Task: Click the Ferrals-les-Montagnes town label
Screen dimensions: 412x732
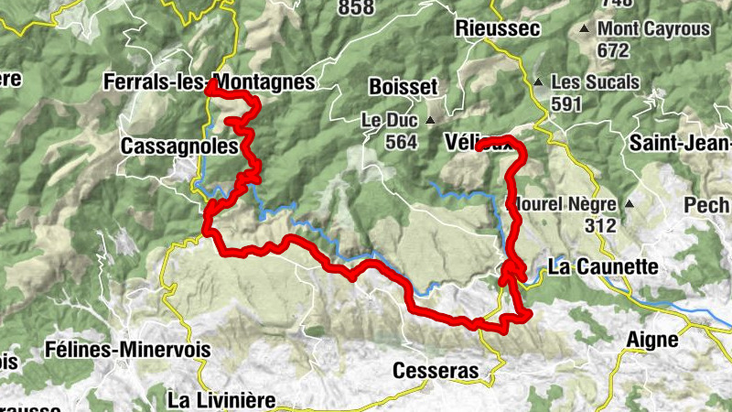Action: tap(210, 81)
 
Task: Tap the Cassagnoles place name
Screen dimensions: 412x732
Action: tap(180, 146)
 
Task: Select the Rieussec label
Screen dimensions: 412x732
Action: tap(497, 28)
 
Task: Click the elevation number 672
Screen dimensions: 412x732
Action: tap(613, 49)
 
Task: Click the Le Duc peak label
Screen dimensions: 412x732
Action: tap(389, 120)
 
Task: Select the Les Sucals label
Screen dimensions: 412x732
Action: tap(595, 81)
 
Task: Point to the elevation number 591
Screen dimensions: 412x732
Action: tap(566, 103)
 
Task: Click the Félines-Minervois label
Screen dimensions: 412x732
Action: tap(128, 350)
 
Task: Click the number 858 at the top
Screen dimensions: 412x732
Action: tap(356, 7)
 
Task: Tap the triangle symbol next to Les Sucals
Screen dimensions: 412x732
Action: tap(539, 81)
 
